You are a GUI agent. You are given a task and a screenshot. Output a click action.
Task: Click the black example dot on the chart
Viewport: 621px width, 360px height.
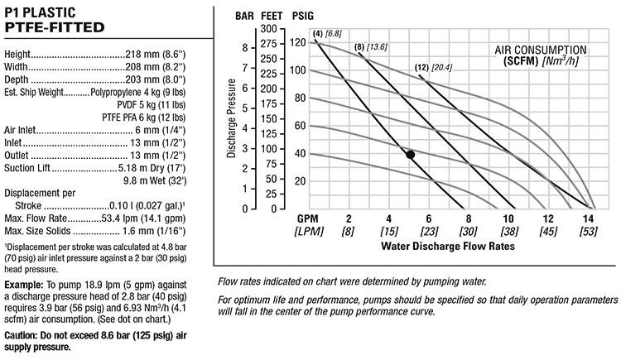pos(410,155)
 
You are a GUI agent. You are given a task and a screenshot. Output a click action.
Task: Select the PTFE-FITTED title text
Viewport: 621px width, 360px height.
pos(54,27)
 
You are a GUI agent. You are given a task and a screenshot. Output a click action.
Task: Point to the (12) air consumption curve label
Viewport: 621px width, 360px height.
pos(421,67)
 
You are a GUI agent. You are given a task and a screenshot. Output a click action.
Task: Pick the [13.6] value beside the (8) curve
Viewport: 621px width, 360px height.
pos(377,46)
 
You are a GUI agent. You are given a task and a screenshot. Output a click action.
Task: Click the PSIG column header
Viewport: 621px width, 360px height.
pos(296,16)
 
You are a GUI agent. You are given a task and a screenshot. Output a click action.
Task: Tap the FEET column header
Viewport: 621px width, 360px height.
pos(269,16)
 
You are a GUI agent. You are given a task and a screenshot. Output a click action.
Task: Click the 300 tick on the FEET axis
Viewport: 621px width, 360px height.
pos(267,29)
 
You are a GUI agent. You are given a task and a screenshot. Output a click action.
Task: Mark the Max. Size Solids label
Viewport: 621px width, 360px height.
pos(37,230)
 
